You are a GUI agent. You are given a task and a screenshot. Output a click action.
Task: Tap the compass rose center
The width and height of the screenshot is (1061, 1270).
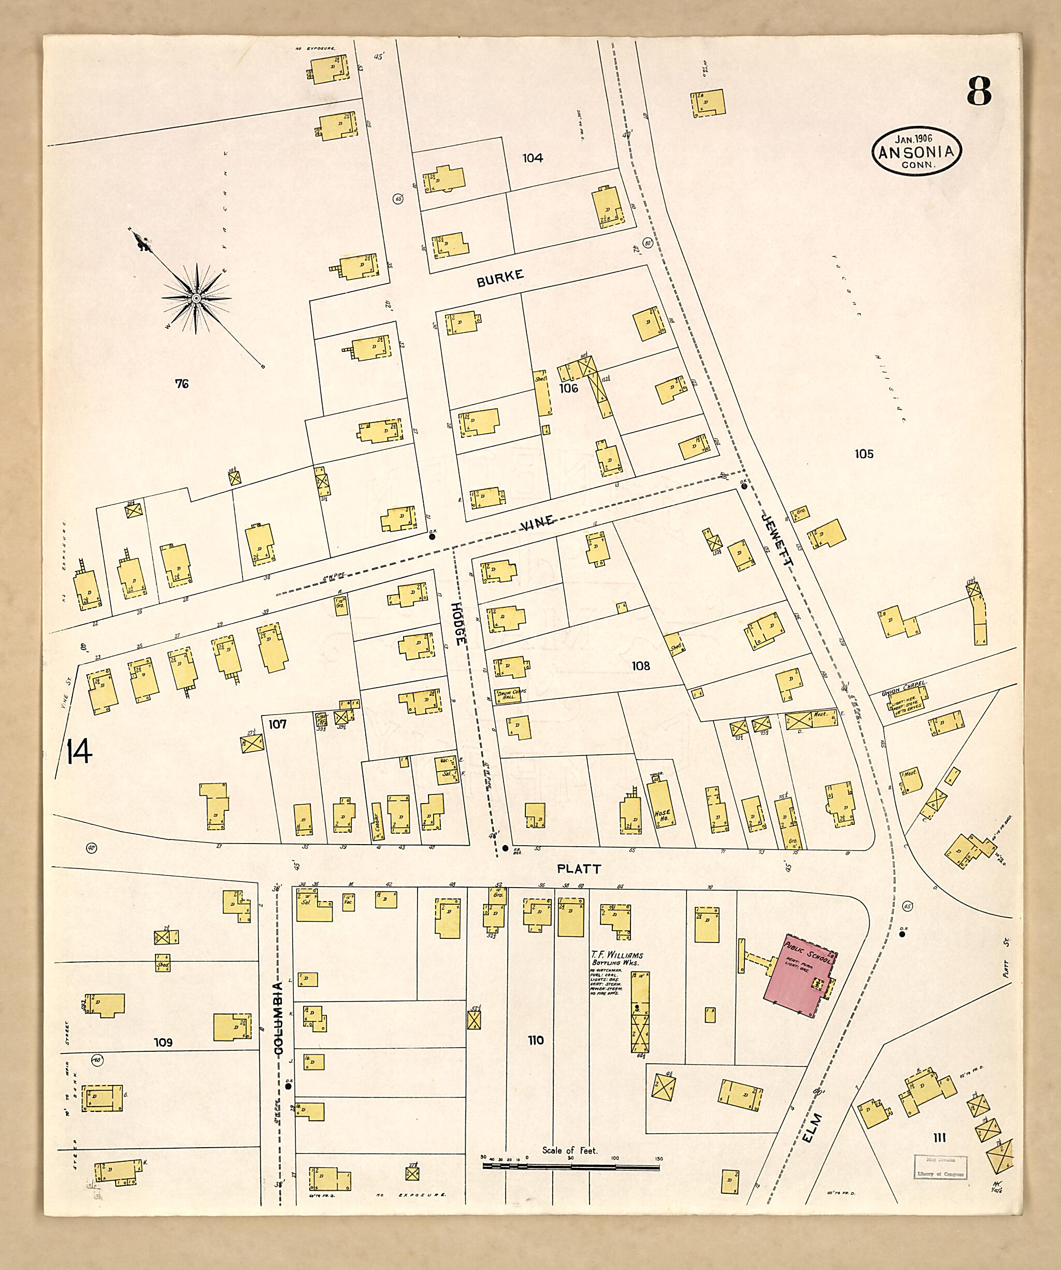(196, 298)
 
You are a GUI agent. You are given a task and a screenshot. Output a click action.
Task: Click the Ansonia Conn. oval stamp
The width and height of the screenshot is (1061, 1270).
(916, 152)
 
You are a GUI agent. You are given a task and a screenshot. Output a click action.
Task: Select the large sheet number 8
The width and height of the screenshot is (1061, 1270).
(978, 91)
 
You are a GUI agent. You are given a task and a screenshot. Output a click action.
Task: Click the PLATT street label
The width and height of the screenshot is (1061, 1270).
(579, 869)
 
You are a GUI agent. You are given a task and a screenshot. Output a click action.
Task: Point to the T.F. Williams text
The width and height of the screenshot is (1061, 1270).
(617, 955)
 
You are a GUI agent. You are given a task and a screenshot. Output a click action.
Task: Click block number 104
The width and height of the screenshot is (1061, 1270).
(532, 158)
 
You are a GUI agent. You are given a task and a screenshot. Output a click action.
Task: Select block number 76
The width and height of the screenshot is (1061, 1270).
(181, 383)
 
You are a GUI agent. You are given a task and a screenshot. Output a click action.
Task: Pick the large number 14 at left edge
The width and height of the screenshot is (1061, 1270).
(79, 752)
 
